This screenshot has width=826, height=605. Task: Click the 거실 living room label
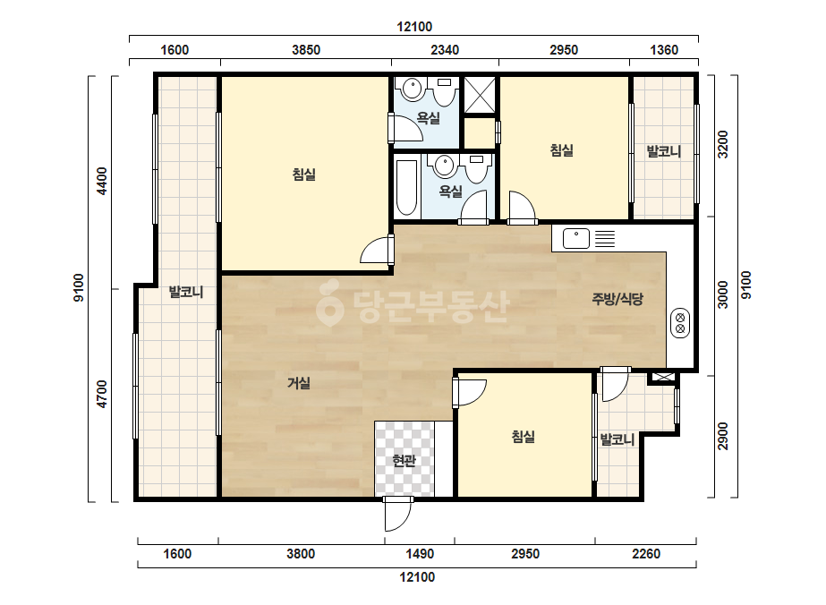coord(299,383)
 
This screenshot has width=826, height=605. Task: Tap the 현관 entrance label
coord(404,461)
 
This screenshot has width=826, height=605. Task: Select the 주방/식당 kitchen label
coord(617,299)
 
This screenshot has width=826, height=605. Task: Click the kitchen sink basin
coord(576,239)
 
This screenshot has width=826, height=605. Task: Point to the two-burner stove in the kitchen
coord(680,323)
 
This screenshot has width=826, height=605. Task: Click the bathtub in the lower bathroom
coord(406,188)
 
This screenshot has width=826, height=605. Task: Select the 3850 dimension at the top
coord(306,50)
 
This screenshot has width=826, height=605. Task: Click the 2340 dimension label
coord(445,50)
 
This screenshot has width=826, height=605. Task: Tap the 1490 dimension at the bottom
coord(420,554)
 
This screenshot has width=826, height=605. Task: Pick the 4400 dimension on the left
coord(102,181)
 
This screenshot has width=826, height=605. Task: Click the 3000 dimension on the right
coord(723,295)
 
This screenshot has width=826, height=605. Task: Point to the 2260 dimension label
coord(646,554)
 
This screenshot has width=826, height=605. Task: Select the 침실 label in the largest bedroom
coord(304,175)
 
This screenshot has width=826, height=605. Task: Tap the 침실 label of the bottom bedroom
coord(524,437)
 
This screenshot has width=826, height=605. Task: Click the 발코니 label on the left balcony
coord(186,292)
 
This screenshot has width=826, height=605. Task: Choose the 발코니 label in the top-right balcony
coord(664,152)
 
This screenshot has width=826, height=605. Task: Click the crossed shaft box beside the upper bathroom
coord(480,96)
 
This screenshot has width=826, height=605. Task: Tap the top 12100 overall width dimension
coord(414,27)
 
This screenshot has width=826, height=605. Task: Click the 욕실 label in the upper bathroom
coord(429,118)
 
